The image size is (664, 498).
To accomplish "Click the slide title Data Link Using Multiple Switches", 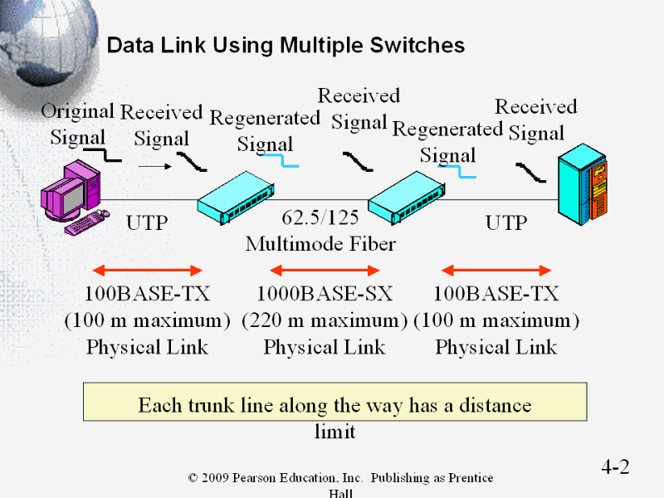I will pyautogui.click(x=286, y=45).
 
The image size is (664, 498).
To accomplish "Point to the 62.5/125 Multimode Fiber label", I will pyautogui.click(x=320, y=231).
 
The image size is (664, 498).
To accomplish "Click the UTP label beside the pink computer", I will pyautogui.click(x=146, y=222).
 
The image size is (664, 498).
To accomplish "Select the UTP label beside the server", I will pyautogui.click(x=505, y=222).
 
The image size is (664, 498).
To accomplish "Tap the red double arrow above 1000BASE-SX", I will pyautogui.click(x=325, y=270).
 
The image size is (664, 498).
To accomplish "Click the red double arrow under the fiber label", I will pyautogui.click(x=325, y=270).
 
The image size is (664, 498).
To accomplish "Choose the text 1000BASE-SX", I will pyautogui.click(x=325, y=294).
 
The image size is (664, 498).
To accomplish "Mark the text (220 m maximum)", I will pyautogui.click(x=325, y=320).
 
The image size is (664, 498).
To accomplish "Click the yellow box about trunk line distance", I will pyautogui.click(x=334, y=402).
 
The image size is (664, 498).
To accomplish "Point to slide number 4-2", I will pyautogui.click(x=615, y=467).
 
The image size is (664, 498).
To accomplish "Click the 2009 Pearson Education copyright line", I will pyautogui.click(x=340, y=478).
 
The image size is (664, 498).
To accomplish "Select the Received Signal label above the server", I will pyautogui.click(x=536, y=120).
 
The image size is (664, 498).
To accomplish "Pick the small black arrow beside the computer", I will pyautogui.click(x=154, y=166).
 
